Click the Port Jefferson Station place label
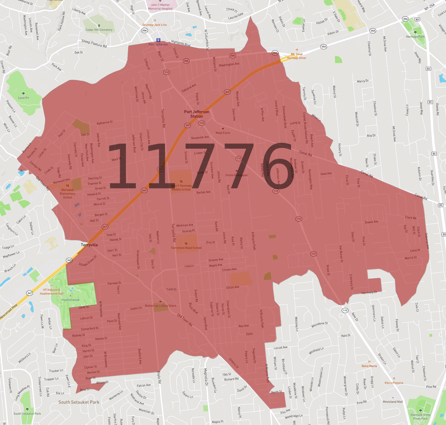point(196,114)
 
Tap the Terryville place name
point(89,245)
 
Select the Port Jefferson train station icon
point(158,40)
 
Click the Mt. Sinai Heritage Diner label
point(297,56)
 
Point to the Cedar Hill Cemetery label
point(99,30)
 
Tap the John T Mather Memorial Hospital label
point(160,7)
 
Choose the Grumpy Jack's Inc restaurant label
point(155,25)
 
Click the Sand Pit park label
point(23,98)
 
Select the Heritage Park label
point(415,37)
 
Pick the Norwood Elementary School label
point(67,193)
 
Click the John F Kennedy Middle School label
point(181,187)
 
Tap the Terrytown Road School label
point(186,248)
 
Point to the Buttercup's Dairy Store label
point(160,306)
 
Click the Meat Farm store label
point(223,133)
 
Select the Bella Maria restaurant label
point(369,366)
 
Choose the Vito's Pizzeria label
point(394,383)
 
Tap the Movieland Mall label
point(393,402)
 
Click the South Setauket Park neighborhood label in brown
point(79,402)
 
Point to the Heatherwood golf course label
point(71,300)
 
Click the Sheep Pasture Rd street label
point(94,44)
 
